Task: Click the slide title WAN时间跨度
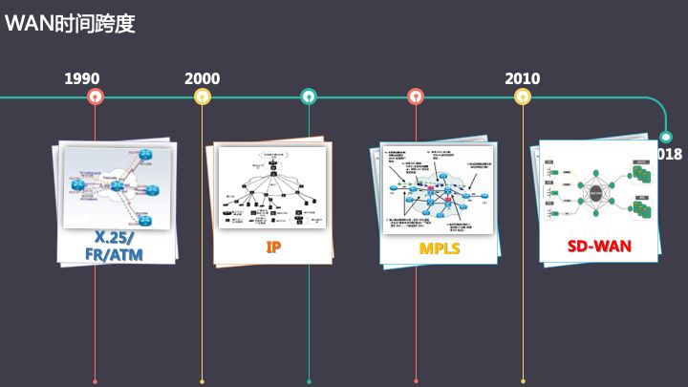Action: [70, 23]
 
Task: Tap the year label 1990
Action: [82, 78]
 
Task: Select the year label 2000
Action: [202, 78]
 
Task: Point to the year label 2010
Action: [523, 78]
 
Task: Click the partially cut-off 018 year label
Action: [670, 154]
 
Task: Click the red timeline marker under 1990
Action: [95, 97]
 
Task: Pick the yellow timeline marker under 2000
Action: [202, 97]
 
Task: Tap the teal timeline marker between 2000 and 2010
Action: [309, 97]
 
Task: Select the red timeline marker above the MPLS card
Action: [416, 97]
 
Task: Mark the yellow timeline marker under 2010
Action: [523, 97]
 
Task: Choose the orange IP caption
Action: [272, 247]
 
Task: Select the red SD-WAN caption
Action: [599, 246]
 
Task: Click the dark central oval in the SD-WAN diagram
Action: [599, 193]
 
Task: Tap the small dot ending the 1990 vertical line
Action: [95, 381]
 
